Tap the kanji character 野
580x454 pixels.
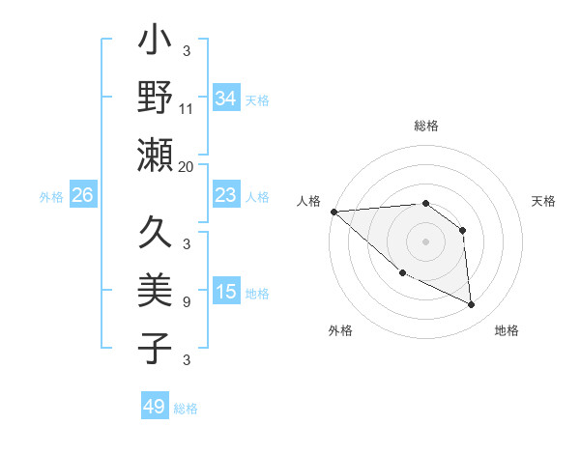pyautogui.click(x=155, y=98)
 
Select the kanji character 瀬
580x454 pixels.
pyautogui.click(x=155, y=155)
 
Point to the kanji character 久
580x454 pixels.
pyautogui.click(x=155, y=235)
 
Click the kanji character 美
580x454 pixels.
pyautogui.click(x=155, y=291)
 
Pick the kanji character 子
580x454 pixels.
pyautogui.click(x=155, y=348)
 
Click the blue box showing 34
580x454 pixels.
pyautogui.click(x=225, y=99)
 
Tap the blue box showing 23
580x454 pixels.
pyautogui.click(x=225, y=195)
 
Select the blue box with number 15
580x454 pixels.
pyautogui.click(x=225, y=292)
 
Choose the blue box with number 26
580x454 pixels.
pyautogui.click(x=82, y=195)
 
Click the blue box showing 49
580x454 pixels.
pyautogui.click(x=154, y=407)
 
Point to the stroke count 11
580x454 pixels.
pyautogui.click(x=187, y=108)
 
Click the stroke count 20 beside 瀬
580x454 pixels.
pyautogui.click(x=187, y=165)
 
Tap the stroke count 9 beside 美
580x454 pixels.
pyautogui.click(x=187, y=302)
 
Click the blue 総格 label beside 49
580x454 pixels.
pyautogui.click(x=186, y=409)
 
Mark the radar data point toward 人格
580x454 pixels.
pyautogui.click(x=333, y=212)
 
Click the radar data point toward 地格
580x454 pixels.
pyautogui.click(x=472, y=305)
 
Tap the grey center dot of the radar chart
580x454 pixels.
pyautogui.click(x=425, y=241)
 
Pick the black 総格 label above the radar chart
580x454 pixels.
pyautogui.click(x=425, y=127)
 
